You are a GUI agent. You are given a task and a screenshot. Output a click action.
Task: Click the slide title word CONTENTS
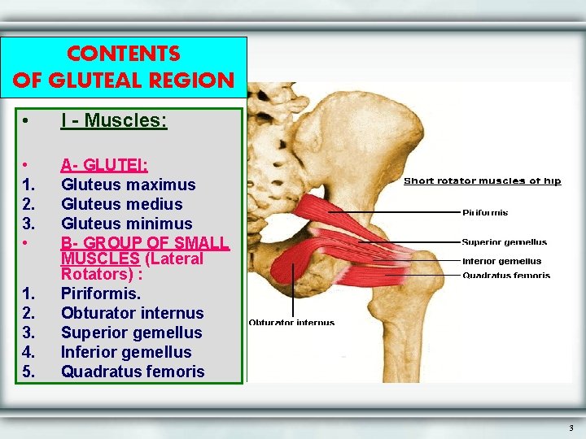point(124,54)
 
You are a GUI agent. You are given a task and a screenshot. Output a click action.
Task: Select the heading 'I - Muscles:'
point(114,121)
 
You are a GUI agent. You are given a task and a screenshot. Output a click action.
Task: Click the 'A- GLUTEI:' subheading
point(104,165)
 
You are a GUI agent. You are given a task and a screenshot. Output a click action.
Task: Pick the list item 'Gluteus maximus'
point(129,185)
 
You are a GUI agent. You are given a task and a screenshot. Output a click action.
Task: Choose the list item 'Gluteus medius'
point(122,204)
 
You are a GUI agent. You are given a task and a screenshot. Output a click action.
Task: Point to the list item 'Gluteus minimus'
point(127,224)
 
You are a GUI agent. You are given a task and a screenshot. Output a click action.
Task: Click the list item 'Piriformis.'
point(101,293)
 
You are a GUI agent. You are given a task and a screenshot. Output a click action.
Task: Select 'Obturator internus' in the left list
point(133,313)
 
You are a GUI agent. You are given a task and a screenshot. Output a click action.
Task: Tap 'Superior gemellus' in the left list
point(132,333)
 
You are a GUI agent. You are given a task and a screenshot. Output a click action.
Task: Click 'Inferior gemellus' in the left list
point(126,352)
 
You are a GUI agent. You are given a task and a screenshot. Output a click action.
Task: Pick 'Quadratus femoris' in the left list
point(133,372)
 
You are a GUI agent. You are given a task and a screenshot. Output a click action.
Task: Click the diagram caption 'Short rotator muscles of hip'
point(483,181)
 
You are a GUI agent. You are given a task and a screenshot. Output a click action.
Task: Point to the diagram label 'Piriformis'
point(485,213)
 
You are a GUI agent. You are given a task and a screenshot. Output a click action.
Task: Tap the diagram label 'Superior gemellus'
point(505,242)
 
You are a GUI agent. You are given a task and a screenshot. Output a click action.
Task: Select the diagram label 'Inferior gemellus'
point(501,262)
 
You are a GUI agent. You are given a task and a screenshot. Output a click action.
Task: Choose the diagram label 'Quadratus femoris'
point(506,276)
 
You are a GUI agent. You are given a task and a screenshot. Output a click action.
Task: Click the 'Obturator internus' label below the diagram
point(291,323)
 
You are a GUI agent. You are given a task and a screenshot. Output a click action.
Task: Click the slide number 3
point(571,428)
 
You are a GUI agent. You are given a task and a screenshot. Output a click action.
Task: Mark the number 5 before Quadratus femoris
point(28,372)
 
